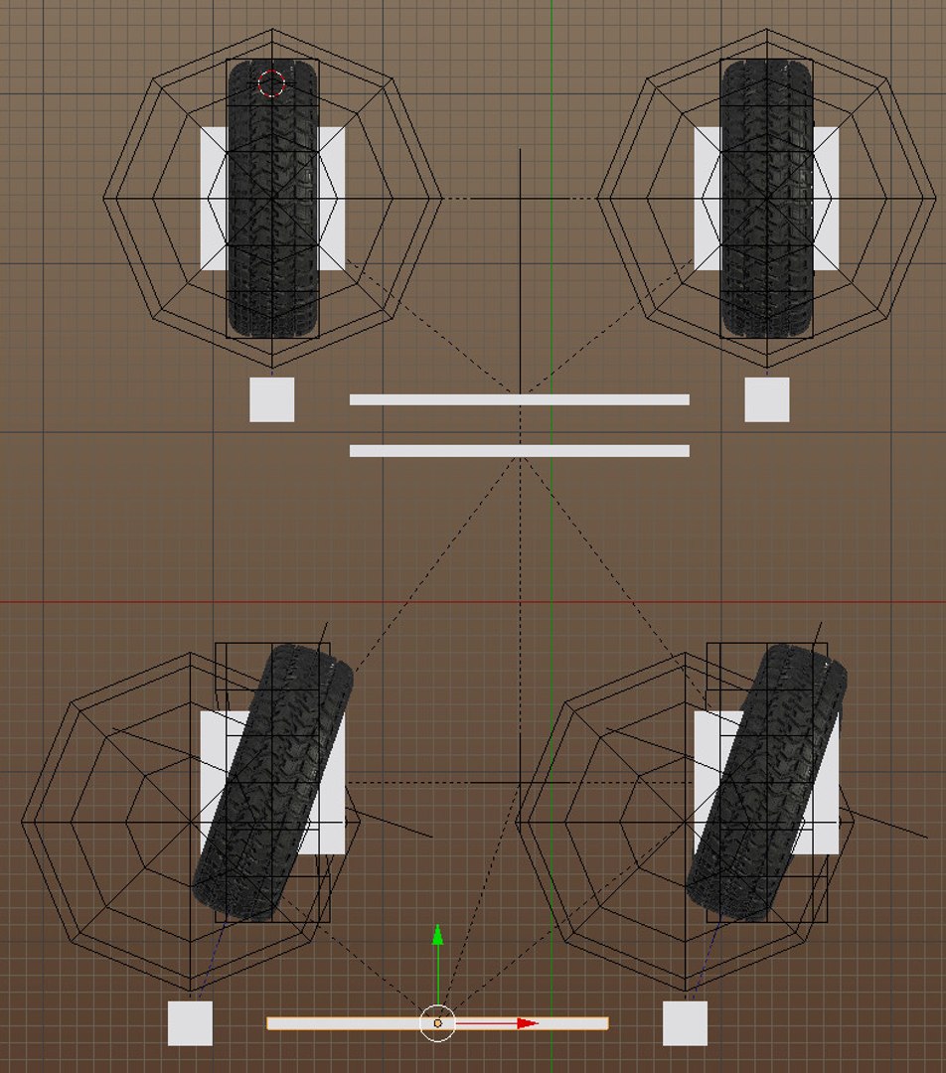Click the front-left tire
click(x=272, y=199)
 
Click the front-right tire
click(x=766, y=199)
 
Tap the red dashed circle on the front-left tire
click(x=271, y=83)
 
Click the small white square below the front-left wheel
click(x=271, y=399)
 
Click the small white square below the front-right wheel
click(x=767, y=399)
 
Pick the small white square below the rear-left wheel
click(x=190, y=1023)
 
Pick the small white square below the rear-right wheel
click(x=685, y=1023)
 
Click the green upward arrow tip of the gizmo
click(x=437, y=934)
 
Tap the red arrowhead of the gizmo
click(x=528, y=1023)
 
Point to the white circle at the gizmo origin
click(x=437, y=1023)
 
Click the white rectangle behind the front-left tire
click(x=213, y=199)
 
